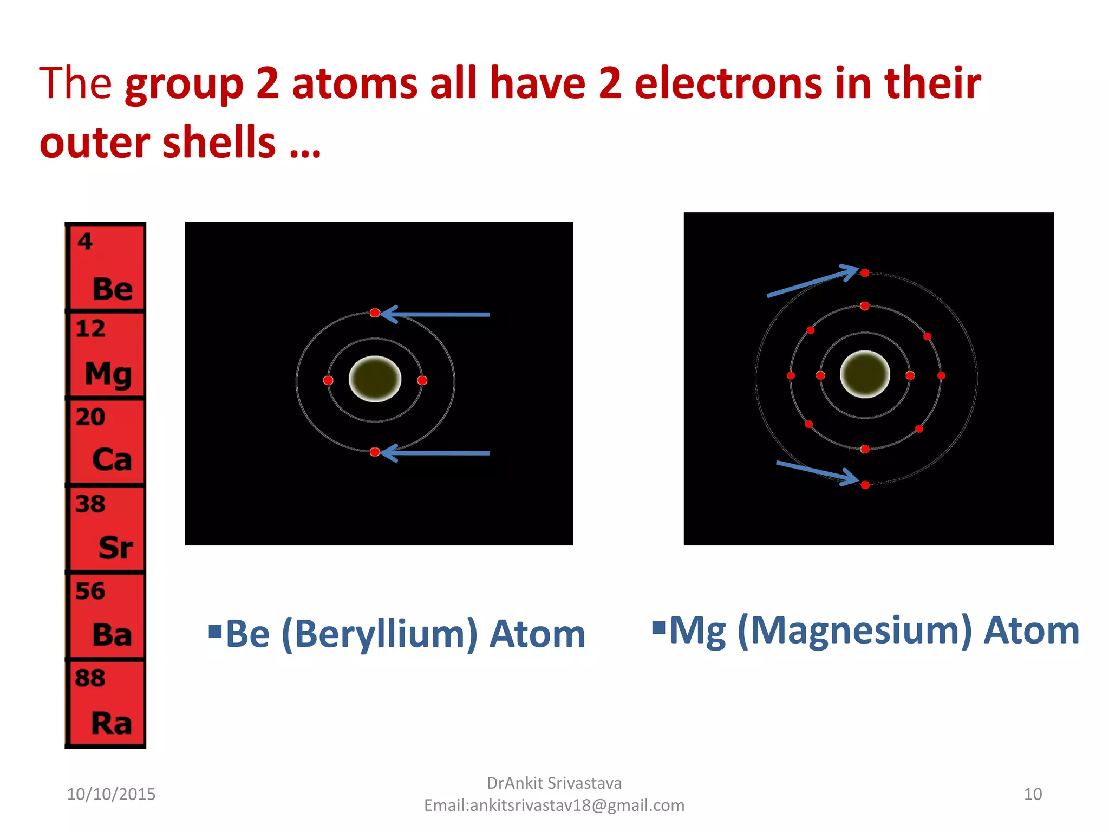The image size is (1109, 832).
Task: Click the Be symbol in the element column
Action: [x=113, y=288]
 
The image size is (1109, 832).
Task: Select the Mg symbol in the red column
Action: [x=108, y=374]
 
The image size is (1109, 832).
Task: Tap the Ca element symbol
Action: [x=112, y=459]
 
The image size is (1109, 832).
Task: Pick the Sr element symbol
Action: [x=115, y=547]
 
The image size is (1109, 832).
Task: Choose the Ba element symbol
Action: [x=112, y=634]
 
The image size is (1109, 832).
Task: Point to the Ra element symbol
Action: [x=112, y=723]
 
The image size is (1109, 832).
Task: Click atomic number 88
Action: [x=90, y=678]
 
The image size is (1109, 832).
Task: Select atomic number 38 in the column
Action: [x=90, y=504]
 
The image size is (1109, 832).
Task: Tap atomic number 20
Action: [x=90, y=417]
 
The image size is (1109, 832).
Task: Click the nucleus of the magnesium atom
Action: [x=865, y=374]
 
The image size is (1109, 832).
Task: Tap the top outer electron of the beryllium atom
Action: [x=375, y=313]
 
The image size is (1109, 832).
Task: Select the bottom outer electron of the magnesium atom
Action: [x=865, y=485]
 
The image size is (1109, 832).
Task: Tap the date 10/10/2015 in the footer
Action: [x=111, y=794]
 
